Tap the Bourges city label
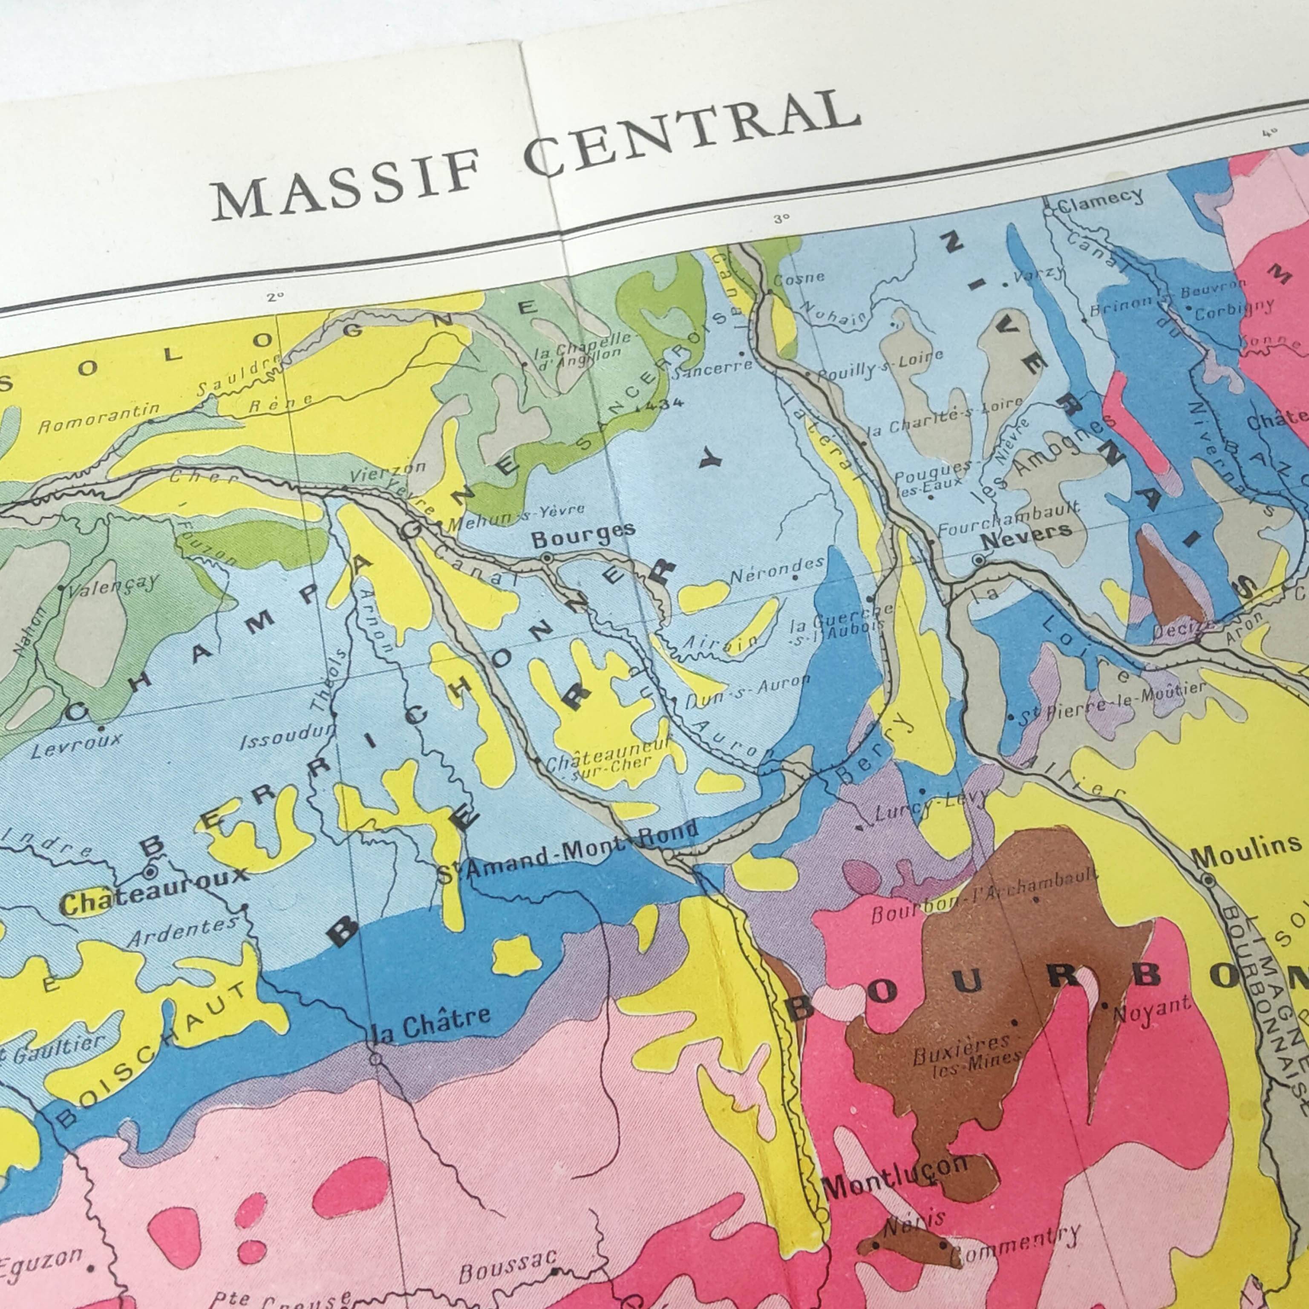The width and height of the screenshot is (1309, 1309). tap(582, 535)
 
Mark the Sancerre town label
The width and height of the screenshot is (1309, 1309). tap(712, 368)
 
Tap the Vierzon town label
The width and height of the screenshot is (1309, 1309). tap(388, 471)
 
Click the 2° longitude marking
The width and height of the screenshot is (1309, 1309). tap(275, 297)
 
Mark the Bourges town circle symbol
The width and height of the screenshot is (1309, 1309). tap(547, 558)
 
